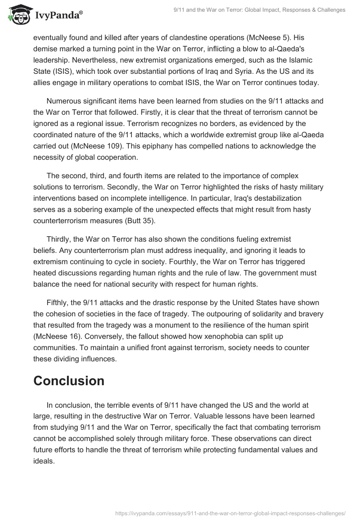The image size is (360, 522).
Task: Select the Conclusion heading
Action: tap(69, 381)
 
